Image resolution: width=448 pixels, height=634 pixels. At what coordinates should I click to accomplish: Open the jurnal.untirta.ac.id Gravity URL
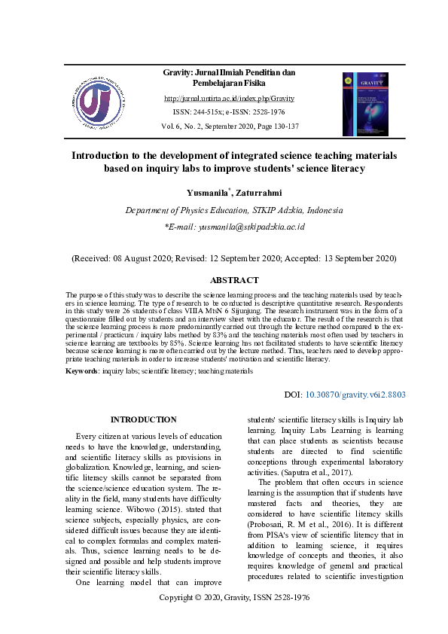coord(229,99)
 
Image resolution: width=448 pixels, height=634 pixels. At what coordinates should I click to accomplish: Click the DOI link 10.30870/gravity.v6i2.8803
coord(355,395)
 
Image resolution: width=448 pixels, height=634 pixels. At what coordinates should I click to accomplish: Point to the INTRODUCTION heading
coord(143,419)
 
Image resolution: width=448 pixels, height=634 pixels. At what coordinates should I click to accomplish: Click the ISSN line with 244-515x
coord(229,112)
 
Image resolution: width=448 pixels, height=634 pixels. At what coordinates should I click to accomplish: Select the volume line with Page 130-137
coord(229,126)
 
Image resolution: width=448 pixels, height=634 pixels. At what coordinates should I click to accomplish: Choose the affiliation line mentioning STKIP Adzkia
coord(234,210)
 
